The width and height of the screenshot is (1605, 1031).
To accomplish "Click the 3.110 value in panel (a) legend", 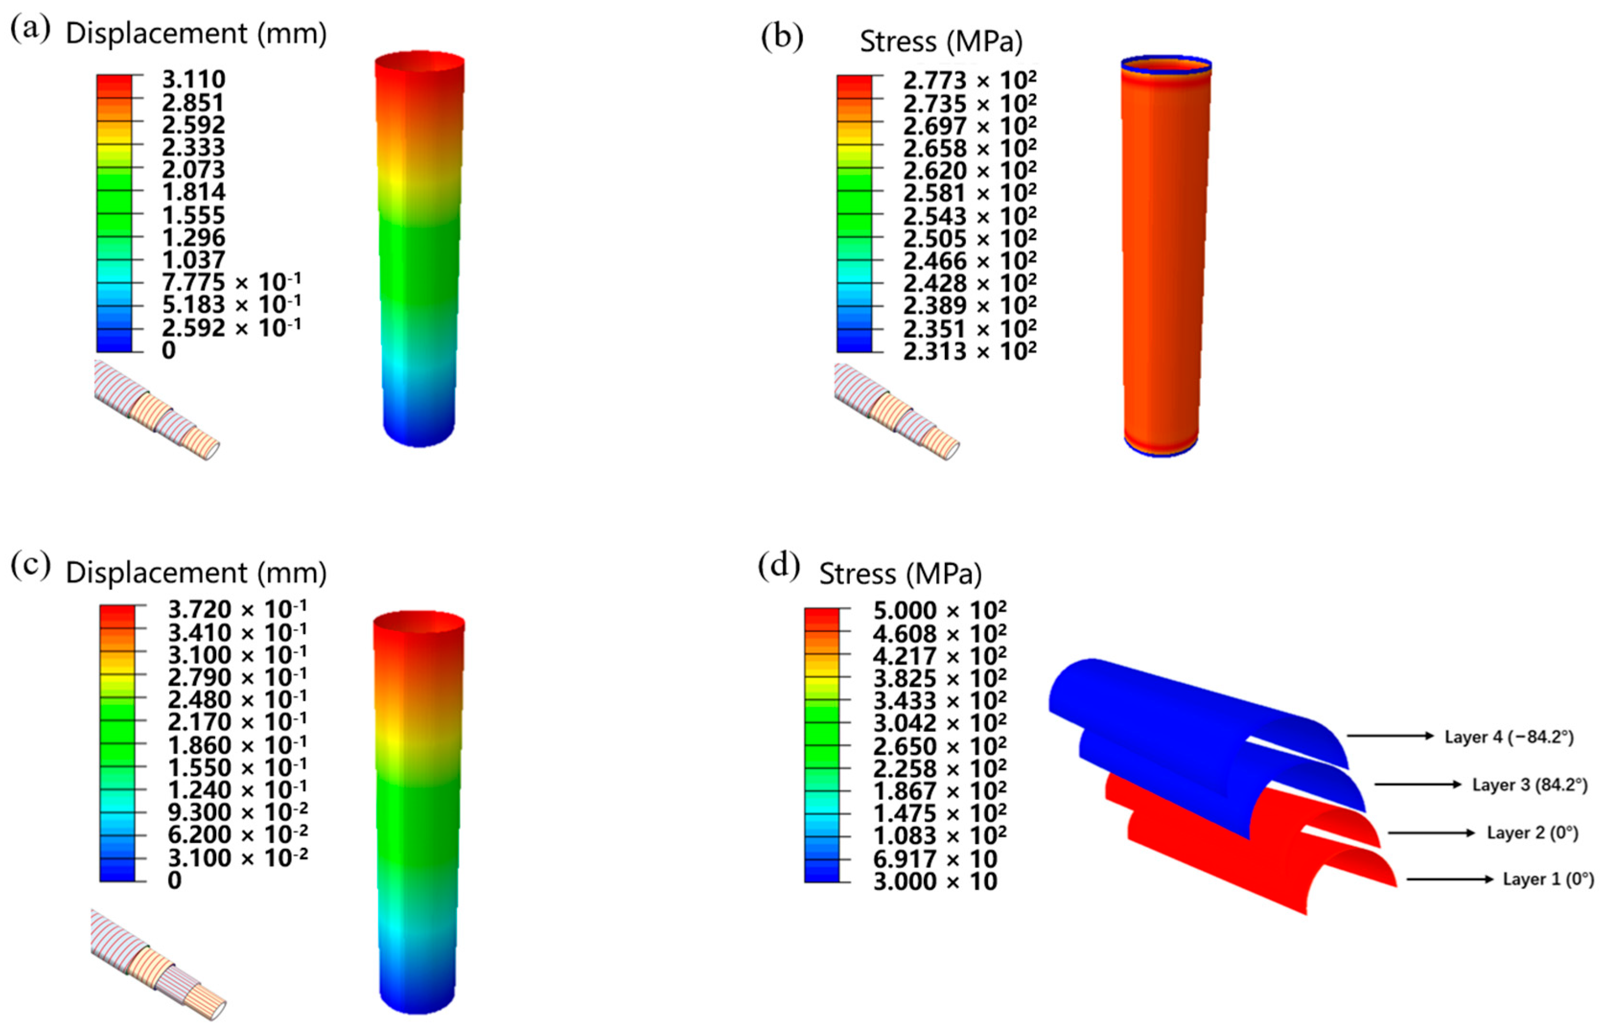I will pyautogui.click(x=194, y=80).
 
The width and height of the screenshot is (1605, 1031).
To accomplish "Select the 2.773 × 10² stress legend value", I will pyautogui.click(x=969, y=81).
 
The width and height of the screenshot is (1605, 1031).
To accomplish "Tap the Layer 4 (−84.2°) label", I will pyautogui.click(x=1509, y=737).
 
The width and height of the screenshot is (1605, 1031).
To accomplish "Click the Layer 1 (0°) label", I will pyautogui.click(x=1547, y=879).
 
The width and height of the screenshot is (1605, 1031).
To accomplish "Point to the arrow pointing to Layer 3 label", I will pyautogui.click(x=1417, y=784).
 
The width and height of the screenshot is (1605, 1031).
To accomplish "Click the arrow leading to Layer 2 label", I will pyautogui.click(x=1431, y=833).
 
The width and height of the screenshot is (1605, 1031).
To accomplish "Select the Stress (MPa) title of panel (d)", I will pyautogui.click(x=900, y=574).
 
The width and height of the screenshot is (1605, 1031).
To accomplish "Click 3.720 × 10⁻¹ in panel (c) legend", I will pyautogui.click(x=237, y=610).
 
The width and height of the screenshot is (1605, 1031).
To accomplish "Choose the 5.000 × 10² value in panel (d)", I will pyautogui.click(x=939, y=611).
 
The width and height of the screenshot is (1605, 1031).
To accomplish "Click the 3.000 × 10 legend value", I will pyautogui.click(x=935, y=881).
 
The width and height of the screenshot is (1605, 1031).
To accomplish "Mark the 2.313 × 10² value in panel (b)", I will pyautogui.click(x=969, y=351).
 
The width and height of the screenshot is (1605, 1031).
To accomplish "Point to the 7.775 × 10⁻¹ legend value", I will pyautogui.click(x=231, y=282).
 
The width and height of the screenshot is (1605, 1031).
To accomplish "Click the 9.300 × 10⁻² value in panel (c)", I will pyautogui.click(x=237, y=812).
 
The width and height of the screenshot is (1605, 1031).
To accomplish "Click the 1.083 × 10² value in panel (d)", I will pyautogui.click(x=939, y=835).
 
